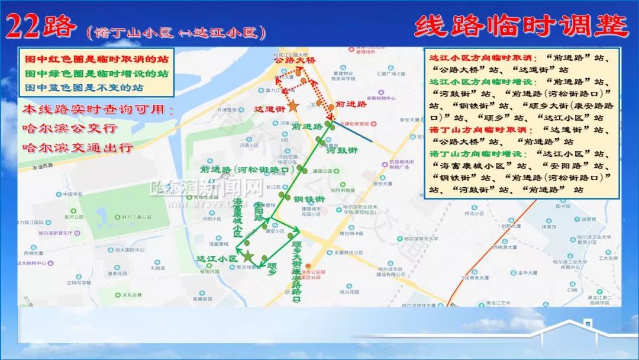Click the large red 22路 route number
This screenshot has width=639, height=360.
point(41,27)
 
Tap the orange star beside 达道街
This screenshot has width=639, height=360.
point(292,105)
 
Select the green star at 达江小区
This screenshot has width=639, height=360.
point(248,256)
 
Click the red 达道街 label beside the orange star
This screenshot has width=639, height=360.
point(269,109)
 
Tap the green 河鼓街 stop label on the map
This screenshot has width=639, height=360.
point(342,150)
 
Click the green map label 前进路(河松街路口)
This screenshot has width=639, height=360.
point(247,170)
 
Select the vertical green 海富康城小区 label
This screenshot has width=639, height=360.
point(238,218)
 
